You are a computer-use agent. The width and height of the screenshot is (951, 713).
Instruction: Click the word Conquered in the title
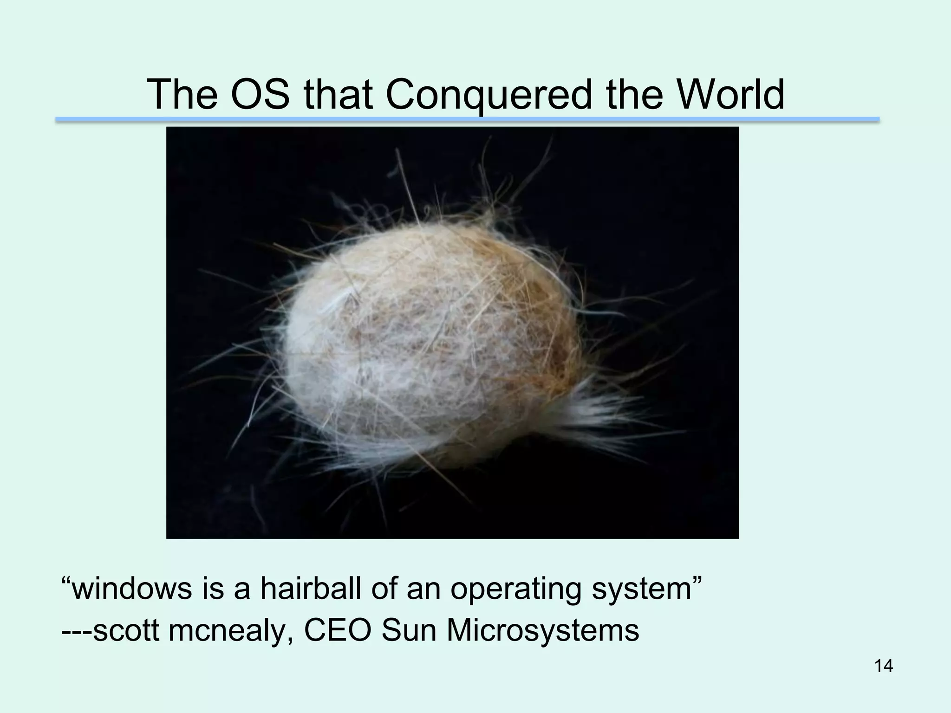(x=489, y=95)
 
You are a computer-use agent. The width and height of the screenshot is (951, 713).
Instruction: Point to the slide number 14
(x=884, y=666)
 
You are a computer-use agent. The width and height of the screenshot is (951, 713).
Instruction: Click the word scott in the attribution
(x=126, y=630)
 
